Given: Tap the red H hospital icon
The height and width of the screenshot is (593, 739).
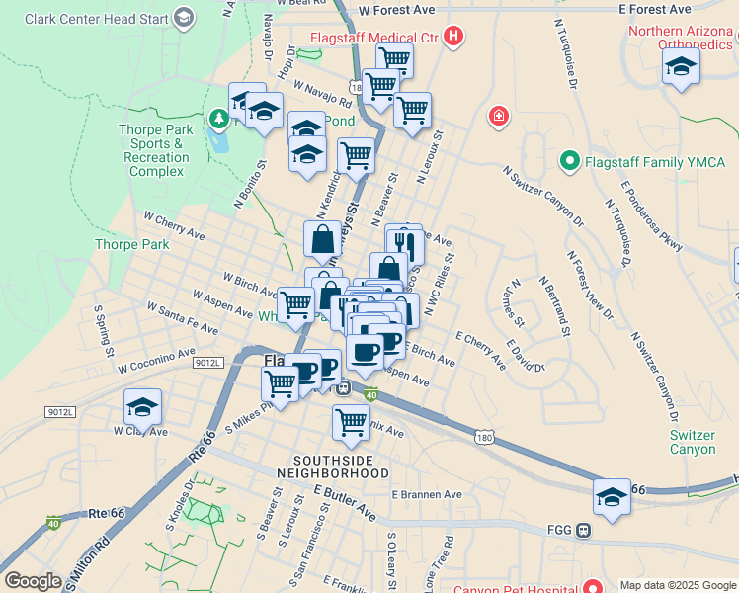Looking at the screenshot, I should [453, 38].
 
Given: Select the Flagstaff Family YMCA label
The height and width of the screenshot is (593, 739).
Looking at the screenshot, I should [655, 161].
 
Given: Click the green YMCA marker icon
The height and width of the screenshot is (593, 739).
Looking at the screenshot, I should [569, 160].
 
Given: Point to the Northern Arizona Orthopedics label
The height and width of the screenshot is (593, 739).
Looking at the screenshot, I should [683, 37].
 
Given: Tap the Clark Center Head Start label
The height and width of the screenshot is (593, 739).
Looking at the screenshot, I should [95, 18].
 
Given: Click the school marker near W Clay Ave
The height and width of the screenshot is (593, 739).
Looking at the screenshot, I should [143, 407].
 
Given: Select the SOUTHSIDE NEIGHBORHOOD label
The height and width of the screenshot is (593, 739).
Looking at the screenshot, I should [341, 466].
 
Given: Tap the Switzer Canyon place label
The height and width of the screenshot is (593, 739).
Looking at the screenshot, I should [693, 442].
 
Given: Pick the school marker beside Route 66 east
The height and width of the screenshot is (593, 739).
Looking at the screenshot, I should [613, 497].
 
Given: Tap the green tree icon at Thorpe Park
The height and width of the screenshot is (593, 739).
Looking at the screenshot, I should [218, 120].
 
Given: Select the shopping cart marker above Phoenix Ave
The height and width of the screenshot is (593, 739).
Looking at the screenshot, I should [352, 422].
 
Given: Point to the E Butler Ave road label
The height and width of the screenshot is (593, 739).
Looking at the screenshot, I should [345, 502].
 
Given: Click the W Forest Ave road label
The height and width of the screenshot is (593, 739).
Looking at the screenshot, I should [396, 9].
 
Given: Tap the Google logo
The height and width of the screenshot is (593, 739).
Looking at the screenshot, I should [33, 581].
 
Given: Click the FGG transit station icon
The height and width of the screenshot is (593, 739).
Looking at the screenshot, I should [583, 530].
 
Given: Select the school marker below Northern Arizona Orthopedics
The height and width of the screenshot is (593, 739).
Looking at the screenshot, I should [681, 67].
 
